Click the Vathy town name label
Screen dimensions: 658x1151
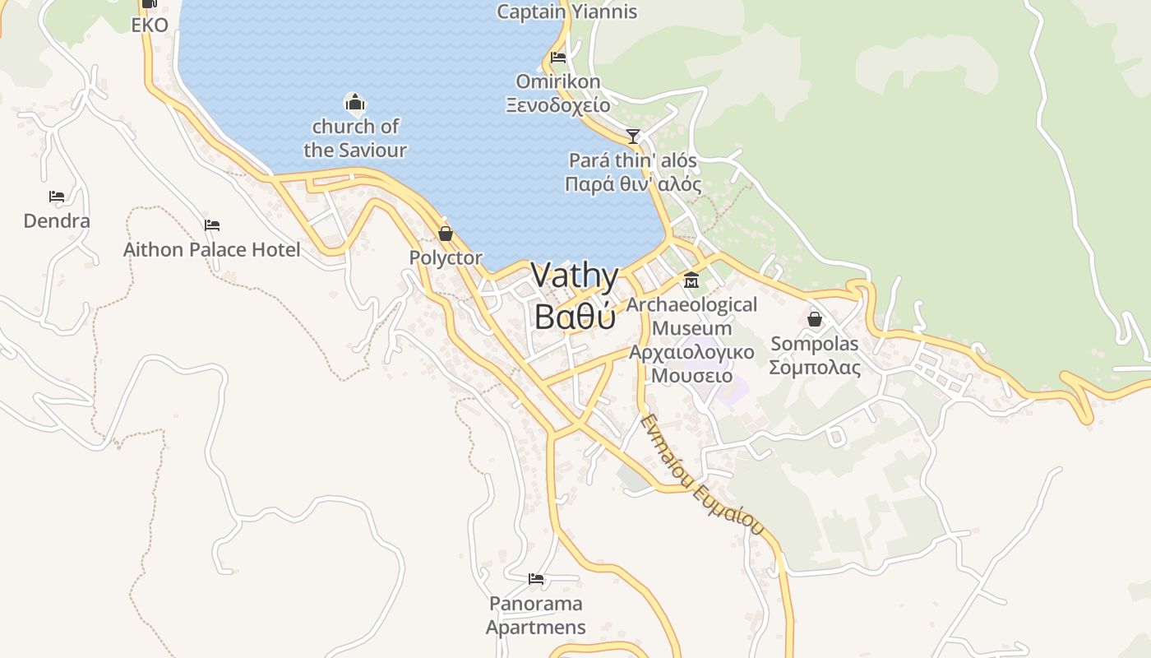pos(575,276)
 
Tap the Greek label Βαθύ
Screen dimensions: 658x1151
pos(575,316)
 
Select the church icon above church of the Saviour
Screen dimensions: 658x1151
pos(354,103)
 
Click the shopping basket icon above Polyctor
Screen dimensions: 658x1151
pos(446,234)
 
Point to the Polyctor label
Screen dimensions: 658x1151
pos(446,257)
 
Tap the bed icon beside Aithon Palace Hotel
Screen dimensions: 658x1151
pos(212,225)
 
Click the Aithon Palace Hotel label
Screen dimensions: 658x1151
pos(212,249)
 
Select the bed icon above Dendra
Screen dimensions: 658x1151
pos(57,197)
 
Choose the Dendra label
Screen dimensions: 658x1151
pos(57,220)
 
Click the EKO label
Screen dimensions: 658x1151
pos(150,25)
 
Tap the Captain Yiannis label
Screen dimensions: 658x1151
pos(567,12)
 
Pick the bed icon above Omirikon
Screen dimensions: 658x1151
pos(558,58)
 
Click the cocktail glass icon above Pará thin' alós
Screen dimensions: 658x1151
pos(633,136)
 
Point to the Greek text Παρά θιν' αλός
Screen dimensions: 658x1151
pos(633,183)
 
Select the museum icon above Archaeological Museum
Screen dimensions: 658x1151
pos(691,281)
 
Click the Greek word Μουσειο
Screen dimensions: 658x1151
pos(691,376)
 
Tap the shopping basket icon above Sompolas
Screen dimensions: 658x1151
pos(815,319)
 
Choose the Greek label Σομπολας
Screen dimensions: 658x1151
pos(815,367)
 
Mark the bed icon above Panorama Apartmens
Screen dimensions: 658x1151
pos(536,579)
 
